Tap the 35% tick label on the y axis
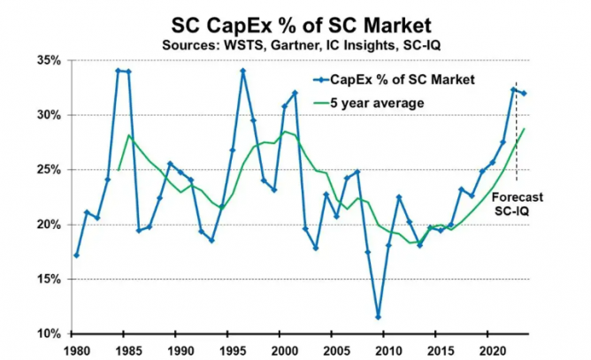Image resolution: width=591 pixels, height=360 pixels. click(47, 60)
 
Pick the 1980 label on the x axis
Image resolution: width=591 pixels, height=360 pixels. click(76, 349)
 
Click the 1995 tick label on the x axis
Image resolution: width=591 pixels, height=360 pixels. click(233, 349)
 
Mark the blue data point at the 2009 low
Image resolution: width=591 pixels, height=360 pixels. click(379, 317)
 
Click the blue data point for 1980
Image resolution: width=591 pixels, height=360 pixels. click(77, 256)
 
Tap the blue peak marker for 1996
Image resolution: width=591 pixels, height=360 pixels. click(243, 71)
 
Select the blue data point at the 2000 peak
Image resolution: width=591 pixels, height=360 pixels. click(295, 93)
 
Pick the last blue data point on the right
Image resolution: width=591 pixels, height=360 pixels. click(525, 93)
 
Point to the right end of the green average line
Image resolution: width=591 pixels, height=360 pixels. click(525, 129)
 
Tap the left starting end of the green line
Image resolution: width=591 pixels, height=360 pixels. click(119, 170)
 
